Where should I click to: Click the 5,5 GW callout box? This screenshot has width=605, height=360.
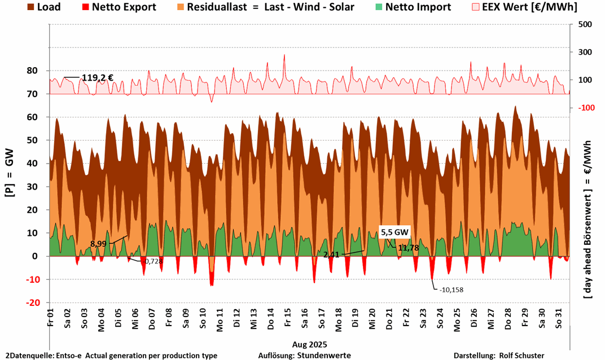(394, 232)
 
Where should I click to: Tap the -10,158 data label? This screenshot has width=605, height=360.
(451, 289)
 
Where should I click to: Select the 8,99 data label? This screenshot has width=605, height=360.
(99, 244)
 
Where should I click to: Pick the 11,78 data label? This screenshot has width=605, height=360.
(408, 248)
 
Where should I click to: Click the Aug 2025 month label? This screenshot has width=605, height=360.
(309, 344)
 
